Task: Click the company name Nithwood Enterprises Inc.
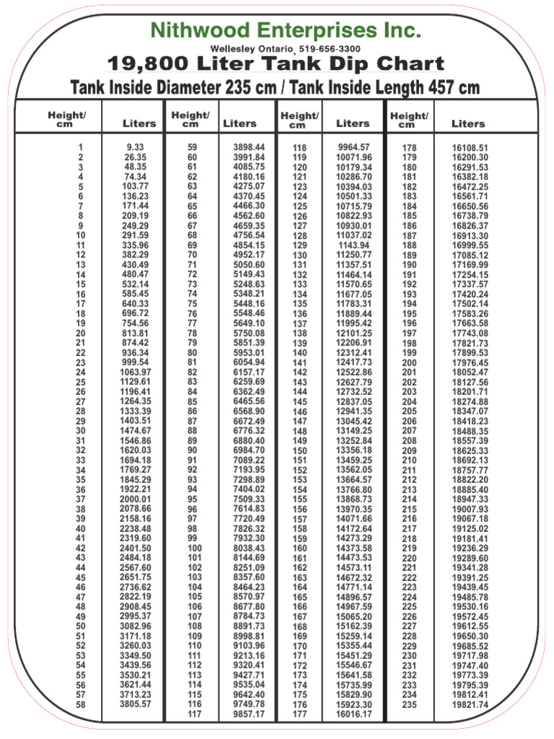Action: point(286,30)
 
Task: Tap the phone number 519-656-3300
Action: point(330,48)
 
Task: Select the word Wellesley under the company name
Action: point(234,48)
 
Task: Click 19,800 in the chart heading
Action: point(146,65)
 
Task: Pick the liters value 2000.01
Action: point(136,499)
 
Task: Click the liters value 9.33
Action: point(136,147)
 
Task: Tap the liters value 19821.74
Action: point(470,704)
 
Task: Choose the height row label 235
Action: point(409,704)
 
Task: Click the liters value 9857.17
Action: point(249,714)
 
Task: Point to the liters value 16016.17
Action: point(353,714)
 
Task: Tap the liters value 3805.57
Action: point(136,704)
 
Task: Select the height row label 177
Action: point(299,714)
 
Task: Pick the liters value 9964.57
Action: point(353,147)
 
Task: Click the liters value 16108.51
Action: point(470,148)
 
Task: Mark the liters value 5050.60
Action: point(249,265)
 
